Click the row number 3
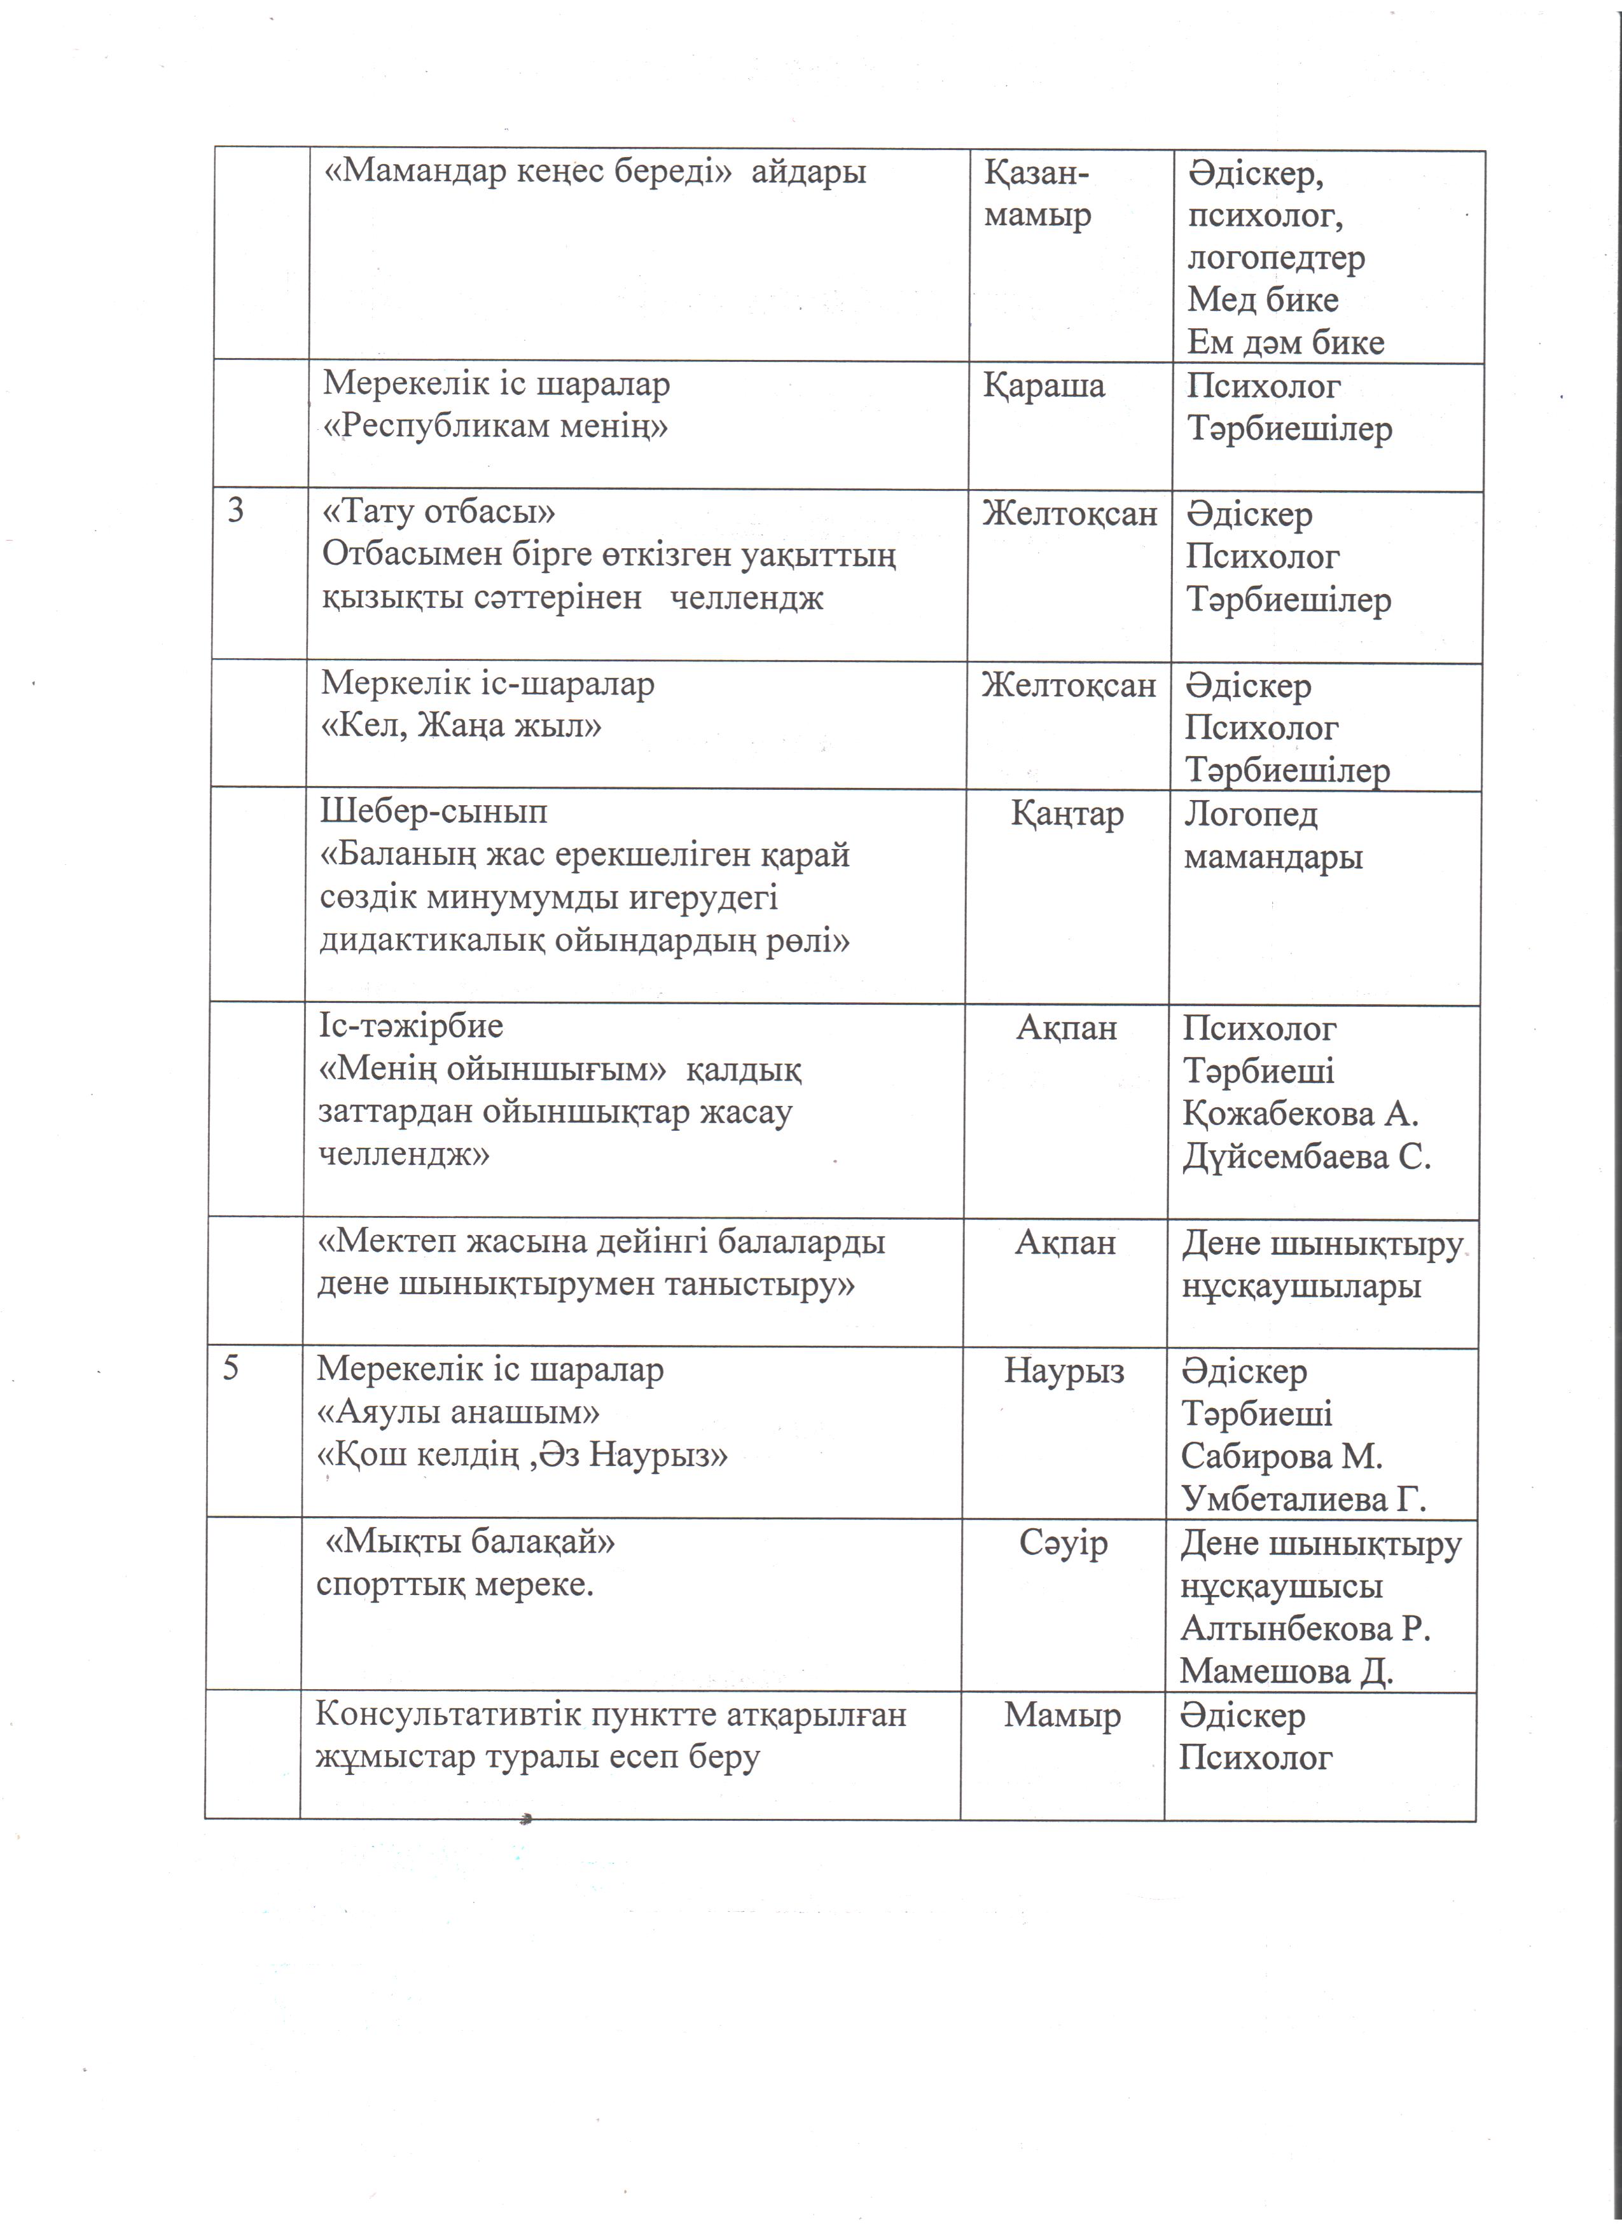(236, 511)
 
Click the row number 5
(231, 1369)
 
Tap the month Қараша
(1044, 385)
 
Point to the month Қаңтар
(1067, 815)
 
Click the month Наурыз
(1064, 1371)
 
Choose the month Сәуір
(1064, 1542)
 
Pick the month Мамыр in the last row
(1062, 1716)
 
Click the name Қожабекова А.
(1300, 1114)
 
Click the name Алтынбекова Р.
(1305, 1628)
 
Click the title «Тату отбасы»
(440, 513)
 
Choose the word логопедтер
(1276, 258)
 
